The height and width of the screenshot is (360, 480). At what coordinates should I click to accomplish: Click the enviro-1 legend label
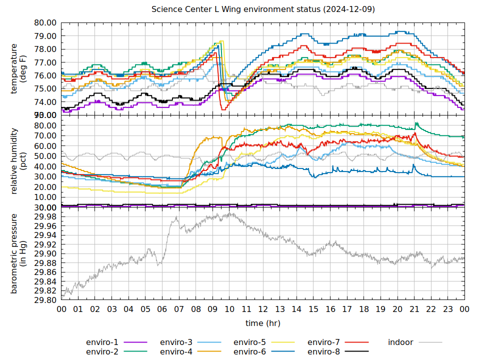click(x=102, y=342)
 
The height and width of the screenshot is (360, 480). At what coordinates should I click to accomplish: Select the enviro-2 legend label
click(x=102, y=351)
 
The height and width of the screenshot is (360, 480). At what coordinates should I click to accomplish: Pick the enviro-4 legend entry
click(x=176, y=351)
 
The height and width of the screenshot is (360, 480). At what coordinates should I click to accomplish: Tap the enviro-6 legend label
click(x=249, y=351)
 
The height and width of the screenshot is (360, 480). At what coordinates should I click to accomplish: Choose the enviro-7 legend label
click(x=323, y=342)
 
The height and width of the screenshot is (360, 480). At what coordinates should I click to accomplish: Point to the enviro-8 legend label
click(x=323, y=351)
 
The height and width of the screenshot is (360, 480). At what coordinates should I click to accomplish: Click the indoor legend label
click(x=400, y=342)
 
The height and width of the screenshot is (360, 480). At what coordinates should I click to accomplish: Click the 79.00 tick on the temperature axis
click(x=45, y=36)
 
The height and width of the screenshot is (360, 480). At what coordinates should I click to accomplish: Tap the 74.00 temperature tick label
click(x=45, y=102)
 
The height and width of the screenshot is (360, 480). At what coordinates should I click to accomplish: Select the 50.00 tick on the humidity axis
click(x=45, y=156)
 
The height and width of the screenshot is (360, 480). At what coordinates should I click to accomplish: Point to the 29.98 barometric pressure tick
click(x=45, y=216)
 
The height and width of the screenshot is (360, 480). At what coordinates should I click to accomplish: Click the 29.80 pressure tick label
click(x=45, y=300)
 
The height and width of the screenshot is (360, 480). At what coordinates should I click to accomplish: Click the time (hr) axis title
click(x=263, y=323)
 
